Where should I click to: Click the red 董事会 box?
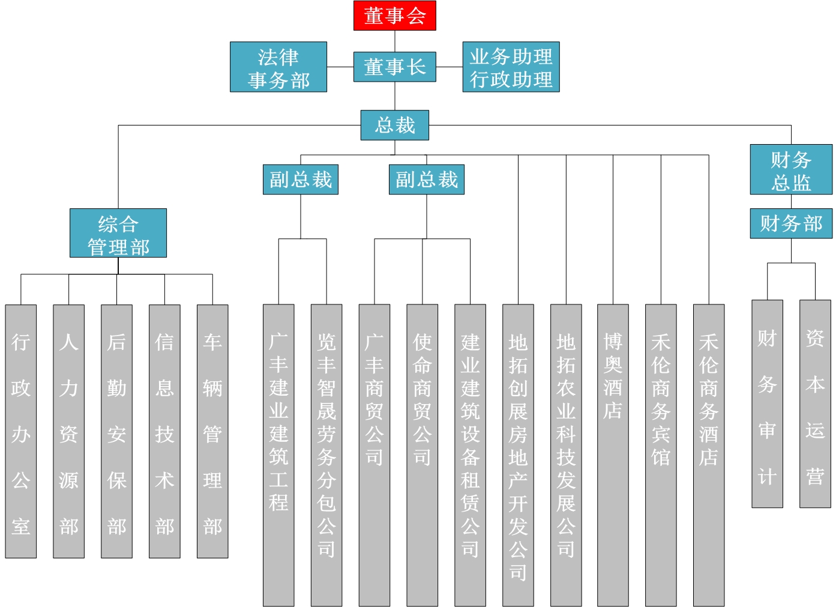[x=394, y=16]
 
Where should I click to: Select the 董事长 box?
[x=394, y=67]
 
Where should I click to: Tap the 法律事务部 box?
[x=278, y=67]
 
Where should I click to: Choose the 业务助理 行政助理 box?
[x=511, y=67]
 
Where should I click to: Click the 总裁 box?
[x=394, y=125]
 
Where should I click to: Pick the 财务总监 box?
[x=791, y=169]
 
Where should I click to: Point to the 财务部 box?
[x=791, y=223]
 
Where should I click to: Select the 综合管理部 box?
[x=118, y=234]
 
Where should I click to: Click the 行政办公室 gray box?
[x=21, y=431]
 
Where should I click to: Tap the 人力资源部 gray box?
[x=68, y=431]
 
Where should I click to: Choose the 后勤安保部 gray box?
[x=116, y=431]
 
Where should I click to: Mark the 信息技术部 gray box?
[x=164, y=431]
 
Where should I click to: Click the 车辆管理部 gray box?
[x=212, y=431]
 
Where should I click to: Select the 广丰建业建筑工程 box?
[x=278, y=455]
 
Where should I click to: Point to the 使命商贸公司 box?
[x=422, y=455]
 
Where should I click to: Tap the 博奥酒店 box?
[x=613, y=455]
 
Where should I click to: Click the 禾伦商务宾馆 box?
[x=661, y=455]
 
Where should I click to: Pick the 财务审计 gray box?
[x=767, y=404]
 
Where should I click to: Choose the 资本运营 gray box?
[x=815, y=404]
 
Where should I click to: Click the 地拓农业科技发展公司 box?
[x=566, y=455]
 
